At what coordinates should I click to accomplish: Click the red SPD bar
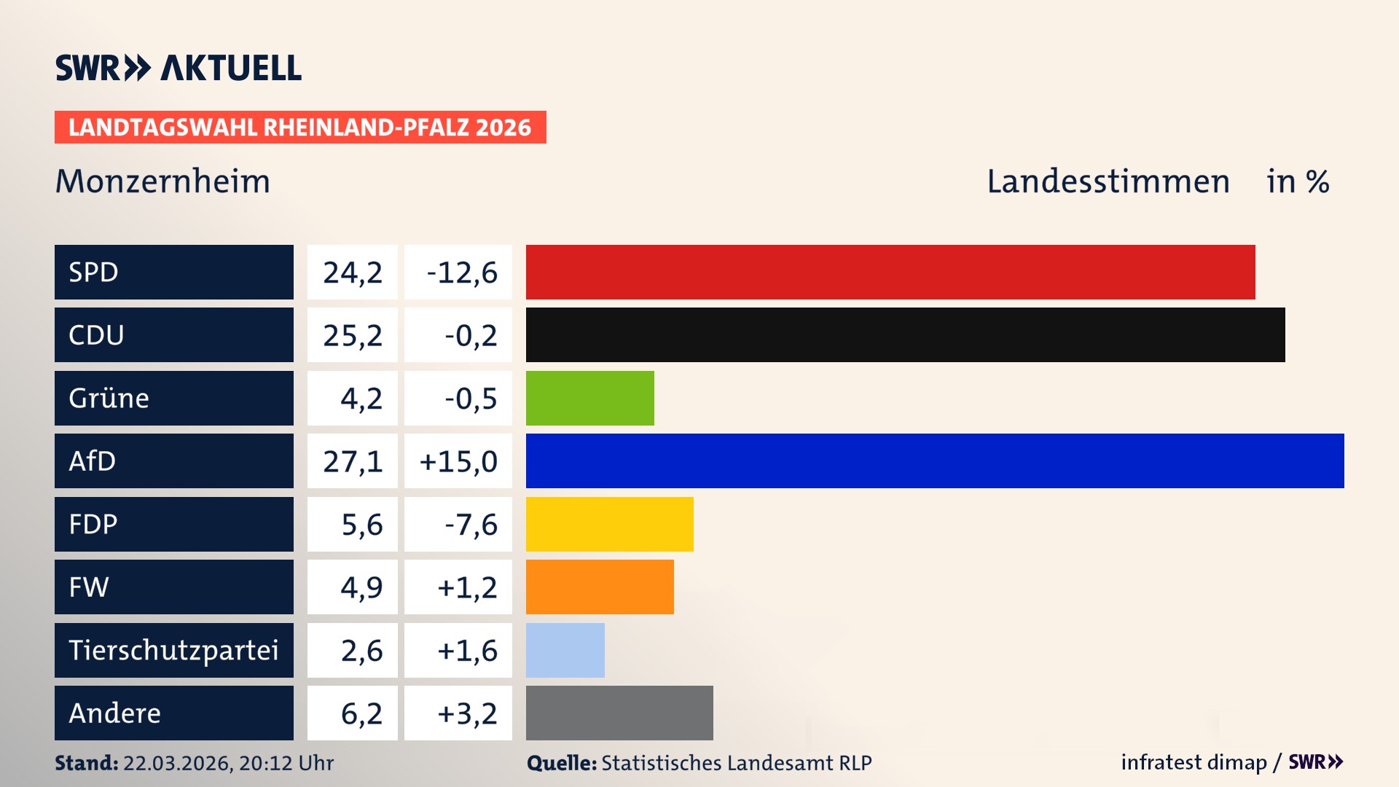890,272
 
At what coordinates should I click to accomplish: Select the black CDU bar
905,334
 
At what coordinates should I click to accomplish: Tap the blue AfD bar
935,461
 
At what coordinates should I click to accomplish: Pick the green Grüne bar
589,398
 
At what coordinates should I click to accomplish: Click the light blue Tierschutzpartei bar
565,650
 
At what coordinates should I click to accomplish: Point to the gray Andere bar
619,713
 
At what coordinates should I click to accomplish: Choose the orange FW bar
600,587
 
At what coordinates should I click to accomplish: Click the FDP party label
173,524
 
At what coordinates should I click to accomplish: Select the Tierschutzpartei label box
173,650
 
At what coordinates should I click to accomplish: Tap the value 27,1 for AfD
353,461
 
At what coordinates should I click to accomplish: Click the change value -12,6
461,273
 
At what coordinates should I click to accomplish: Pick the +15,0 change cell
458,461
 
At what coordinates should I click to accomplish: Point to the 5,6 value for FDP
361,525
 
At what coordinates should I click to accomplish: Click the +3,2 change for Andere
466,713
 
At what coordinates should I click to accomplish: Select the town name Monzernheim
162,181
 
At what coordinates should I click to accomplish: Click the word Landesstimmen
1108,181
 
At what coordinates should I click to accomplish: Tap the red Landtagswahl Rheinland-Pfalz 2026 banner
300,128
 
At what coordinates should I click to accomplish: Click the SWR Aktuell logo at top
179,68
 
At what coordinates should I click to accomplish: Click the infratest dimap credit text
1194,762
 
